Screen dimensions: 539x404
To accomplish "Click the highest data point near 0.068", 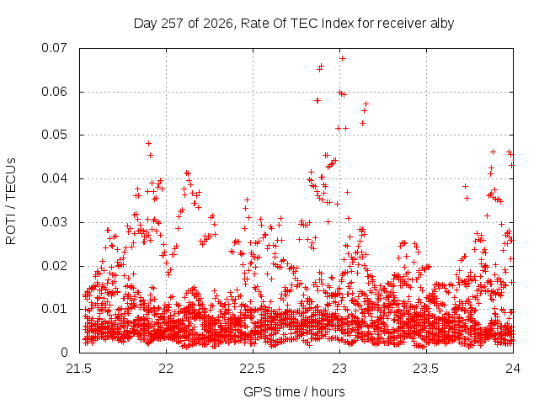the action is click(342, 59).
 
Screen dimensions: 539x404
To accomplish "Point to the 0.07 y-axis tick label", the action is click(54, 48).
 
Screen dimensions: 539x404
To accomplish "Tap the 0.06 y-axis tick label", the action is click(54, 92).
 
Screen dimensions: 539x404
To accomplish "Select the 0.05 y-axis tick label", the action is click(54, 135).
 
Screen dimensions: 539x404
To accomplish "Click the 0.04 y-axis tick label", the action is click(54, 178).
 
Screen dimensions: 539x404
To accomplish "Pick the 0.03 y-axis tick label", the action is click(54, 222).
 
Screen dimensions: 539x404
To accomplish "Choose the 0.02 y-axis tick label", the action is click(54, 266).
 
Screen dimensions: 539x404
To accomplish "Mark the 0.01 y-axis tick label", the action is click(54, 309).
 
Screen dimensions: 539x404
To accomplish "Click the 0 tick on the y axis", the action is click(64, 353).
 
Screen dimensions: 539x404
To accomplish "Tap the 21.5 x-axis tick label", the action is click(79, 369).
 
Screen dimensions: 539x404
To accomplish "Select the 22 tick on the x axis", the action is click(166, 369).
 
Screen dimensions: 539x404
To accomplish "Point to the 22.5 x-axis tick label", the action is click(253, 369).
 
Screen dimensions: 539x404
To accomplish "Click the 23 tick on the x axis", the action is click(339, 369).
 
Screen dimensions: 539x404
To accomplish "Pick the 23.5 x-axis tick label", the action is click(426, 369).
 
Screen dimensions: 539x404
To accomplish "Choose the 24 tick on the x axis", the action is click(513, 369).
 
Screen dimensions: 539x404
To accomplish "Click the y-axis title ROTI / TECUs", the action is click(11, 201).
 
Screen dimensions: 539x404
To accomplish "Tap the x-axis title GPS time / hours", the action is click(294, 391).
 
